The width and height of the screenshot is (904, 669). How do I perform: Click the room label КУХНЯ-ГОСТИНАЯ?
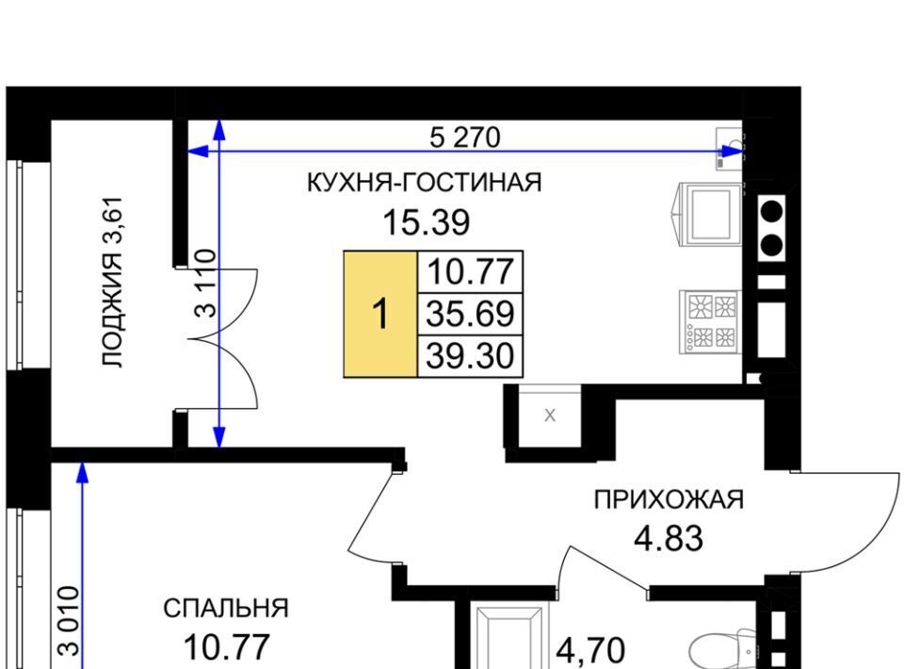click(x=424, y=183)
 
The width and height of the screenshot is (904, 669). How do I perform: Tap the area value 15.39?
click(x=426, y=222)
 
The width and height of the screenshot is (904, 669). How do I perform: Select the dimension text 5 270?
click(x=464, y=138)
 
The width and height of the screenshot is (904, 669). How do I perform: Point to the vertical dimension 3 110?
click(x=206, y=284)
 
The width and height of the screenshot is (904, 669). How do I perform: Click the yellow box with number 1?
click(x=380, y=315)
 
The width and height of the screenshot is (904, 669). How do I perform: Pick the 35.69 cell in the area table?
click(x=470, y=314)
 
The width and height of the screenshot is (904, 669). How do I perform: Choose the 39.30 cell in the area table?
click(x=470, y=356)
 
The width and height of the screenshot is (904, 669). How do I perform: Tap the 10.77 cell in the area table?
click(x=470, y=272)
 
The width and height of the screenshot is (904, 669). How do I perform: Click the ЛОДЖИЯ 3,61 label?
click(x=112, y=282)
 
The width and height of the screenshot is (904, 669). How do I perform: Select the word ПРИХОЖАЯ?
click(x=669, y=499)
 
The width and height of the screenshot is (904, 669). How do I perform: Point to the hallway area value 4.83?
click(x=669, y=539)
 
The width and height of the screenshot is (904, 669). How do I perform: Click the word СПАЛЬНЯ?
click(x=226, y=609)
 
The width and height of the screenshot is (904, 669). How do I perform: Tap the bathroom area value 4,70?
click(x=589, y=650)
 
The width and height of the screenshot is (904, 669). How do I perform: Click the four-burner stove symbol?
click(x=710, y=321)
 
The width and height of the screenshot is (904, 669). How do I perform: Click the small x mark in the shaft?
click(x=550, y=416)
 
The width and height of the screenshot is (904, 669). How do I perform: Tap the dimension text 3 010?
click(x=69, y=621)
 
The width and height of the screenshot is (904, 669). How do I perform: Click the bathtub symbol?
click(x=508, y=635)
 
